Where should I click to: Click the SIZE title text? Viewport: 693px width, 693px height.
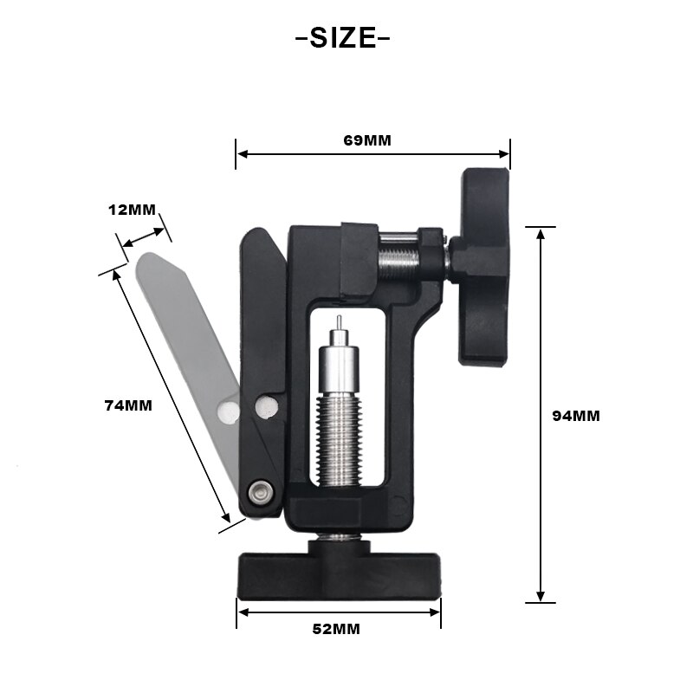343,39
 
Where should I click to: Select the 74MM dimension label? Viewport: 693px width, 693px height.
126,405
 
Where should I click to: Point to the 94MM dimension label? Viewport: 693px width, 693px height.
575,415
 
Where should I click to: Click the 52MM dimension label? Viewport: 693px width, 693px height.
336,629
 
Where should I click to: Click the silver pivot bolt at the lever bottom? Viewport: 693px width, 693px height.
259,492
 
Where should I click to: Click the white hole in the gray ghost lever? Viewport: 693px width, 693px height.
228,411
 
